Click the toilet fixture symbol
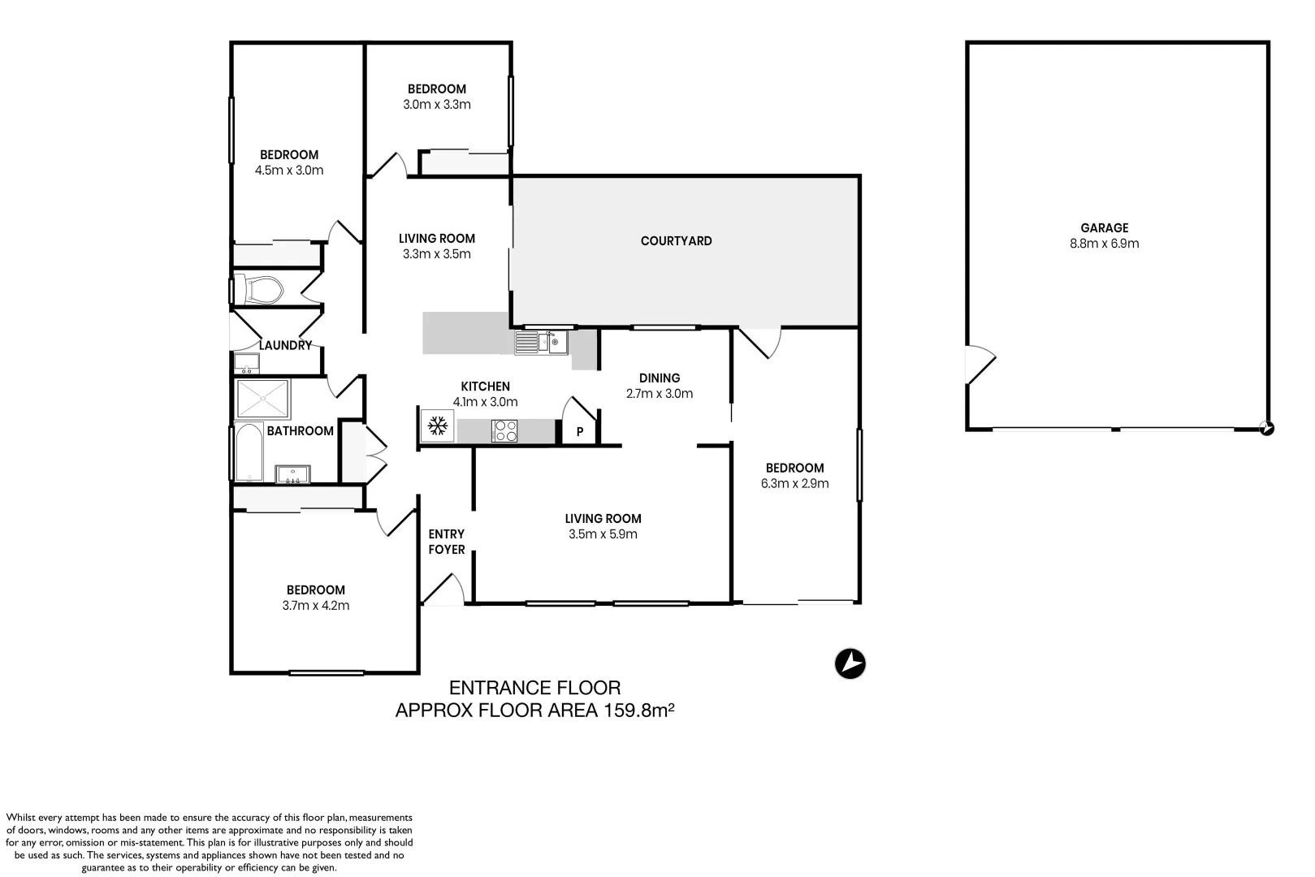pos(264,289)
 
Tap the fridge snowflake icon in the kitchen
pos(438,425)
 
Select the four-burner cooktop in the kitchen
pos(504,430)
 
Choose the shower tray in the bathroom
pos(263,398)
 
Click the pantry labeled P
pos(580,432)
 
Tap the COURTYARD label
pos(676,241)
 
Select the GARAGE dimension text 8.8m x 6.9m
pos(1104,244)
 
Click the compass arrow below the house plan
pos(850,663)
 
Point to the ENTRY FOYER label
pos(447,542)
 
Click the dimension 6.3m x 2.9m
pos(794,484)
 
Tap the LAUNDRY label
pos(285,345)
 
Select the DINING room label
pos(659,378)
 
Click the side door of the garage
pos(980,365)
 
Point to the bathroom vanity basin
pos(292,474)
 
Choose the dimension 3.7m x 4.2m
pos(315,606)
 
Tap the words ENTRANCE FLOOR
pos(534,689)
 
